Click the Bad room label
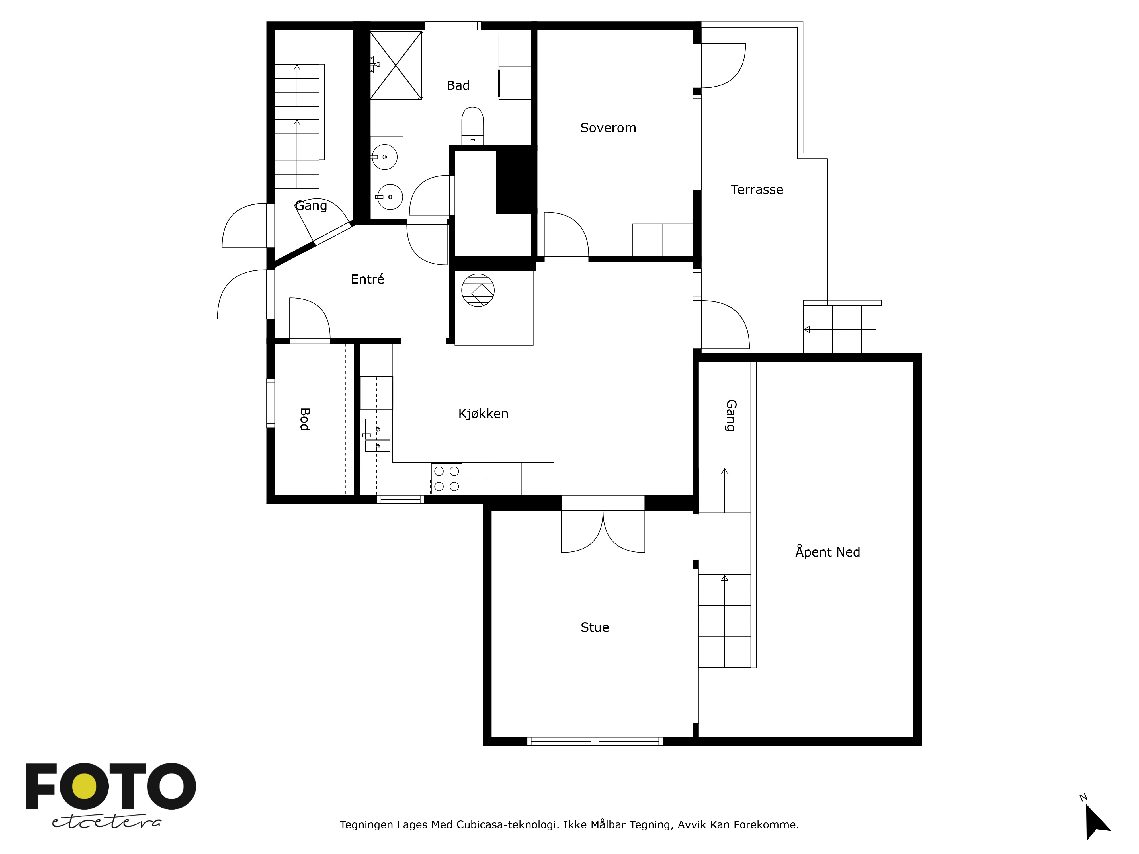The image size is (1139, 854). pyautogui.click(x=458, y=85)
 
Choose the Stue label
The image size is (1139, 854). pyautogui.click(x=595, y=627)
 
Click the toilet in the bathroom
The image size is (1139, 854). pyautogui.click(x=472, y=126)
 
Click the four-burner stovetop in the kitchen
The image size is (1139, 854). pyautogui.click(x=446, y=479)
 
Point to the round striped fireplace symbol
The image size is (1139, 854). pyautogui.click(x=478, y=290)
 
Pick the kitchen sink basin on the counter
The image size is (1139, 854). pyautogui.click(x=377, y=429)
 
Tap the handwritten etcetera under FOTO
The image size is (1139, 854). pyautogui.click(x=106, y=822)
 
